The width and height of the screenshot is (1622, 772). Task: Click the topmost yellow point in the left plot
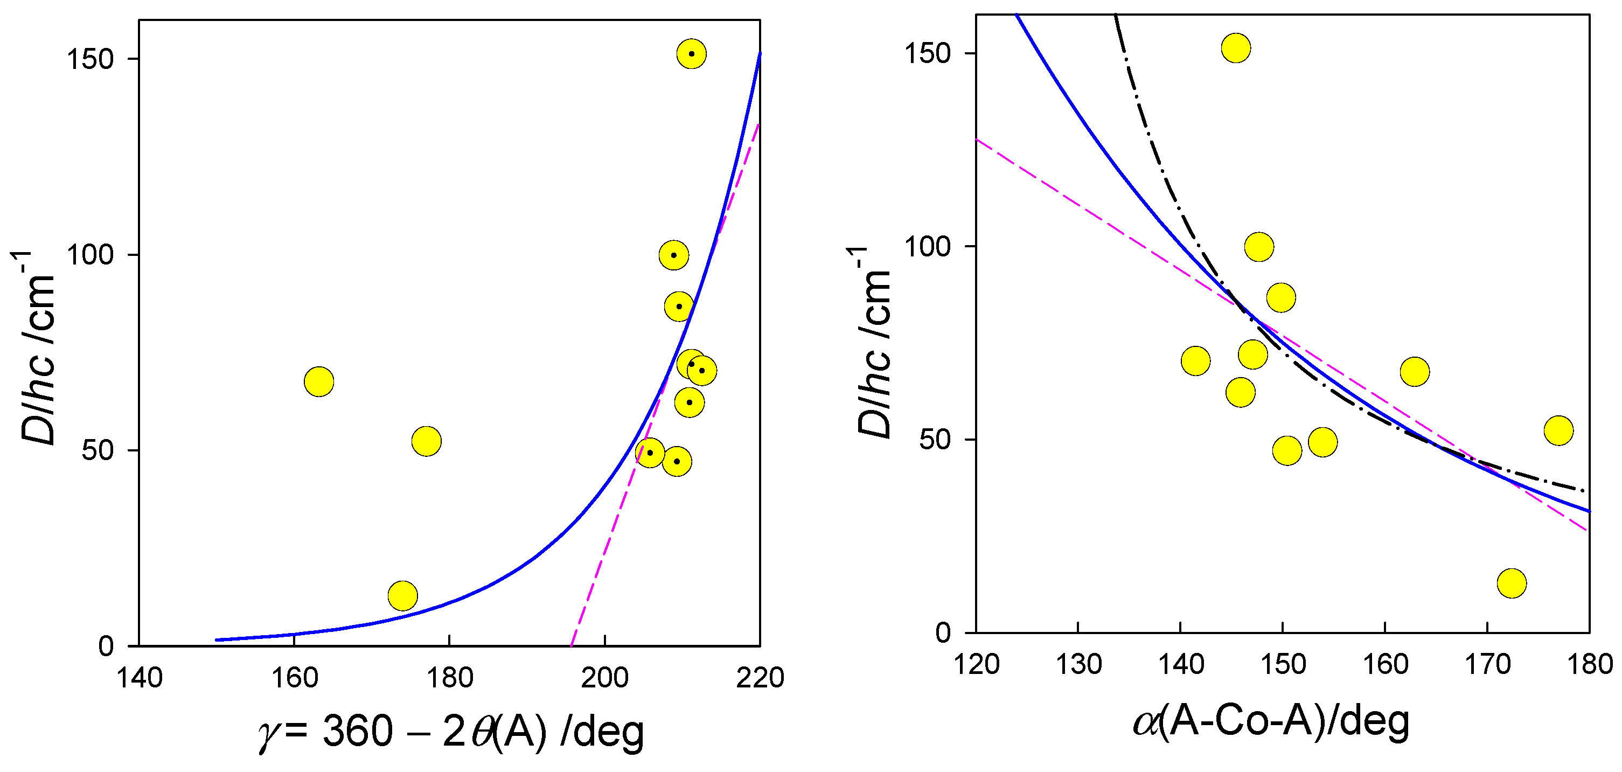click(x=691, y=54)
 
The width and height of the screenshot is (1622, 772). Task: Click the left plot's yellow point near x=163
click(x=318, y=381)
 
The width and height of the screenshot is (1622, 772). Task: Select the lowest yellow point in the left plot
click(x=403, y=596)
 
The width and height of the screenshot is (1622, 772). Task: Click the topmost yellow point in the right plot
click(x=1236, y=48)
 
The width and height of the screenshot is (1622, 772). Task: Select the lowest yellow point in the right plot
click(x=1512, y=583)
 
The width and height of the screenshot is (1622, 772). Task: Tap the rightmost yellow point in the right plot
click(x=1559, y=430)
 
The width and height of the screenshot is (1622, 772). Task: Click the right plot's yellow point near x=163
click(x=1415, y=372)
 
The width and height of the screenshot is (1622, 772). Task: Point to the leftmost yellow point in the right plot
click(x=1196, y=361)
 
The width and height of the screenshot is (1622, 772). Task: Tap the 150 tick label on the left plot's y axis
click(x=90, y=59)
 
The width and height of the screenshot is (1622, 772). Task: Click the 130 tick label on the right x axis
click(x=1078, y=665)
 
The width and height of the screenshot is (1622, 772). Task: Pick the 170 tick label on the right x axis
click(x=1488, y=665)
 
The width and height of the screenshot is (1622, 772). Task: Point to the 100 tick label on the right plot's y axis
click(x=927, y=246)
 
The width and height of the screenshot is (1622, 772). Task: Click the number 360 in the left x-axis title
click(x=358, y=732)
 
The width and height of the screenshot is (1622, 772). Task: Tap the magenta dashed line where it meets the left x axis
click(x=571, y=645)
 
